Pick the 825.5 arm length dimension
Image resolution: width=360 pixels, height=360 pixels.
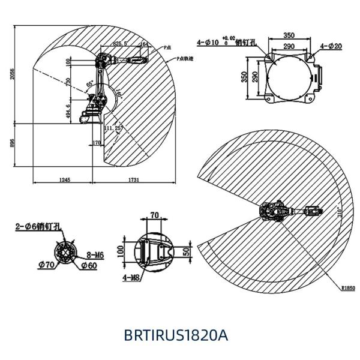(121, 43)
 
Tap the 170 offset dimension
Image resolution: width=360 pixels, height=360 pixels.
(97, 143)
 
